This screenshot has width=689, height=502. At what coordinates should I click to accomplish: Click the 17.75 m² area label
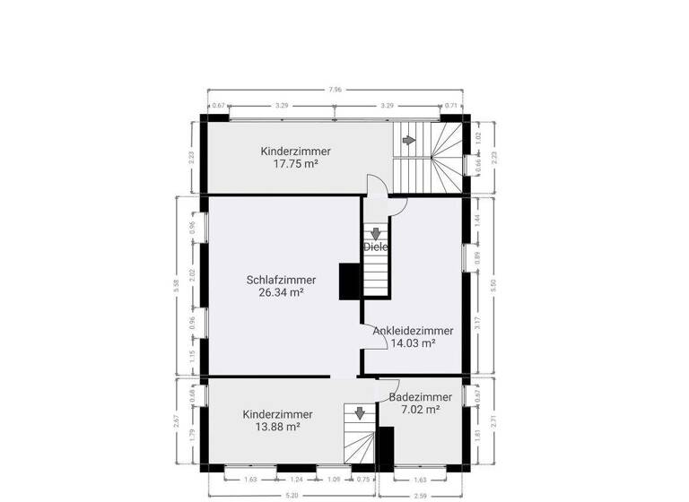[x=296, y=164]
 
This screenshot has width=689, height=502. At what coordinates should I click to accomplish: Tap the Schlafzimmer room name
[x=281, y=279]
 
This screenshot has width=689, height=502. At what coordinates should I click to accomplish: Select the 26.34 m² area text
[x=281, y=292]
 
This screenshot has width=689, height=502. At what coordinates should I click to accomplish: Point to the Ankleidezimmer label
[x=413, y=330]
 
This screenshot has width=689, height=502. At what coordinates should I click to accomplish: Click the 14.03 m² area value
[x=413, y=342]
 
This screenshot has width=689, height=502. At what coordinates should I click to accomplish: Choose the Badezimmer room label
[x=420, y=397]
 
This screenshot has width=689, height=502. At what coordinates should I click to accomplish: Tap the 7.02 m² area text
[x=420, y=410]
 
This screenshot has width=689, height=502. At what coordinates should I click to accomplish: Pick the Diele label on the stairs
[x=376, y=247]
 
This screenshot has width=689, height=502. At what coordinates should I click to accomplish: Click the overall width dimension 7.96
[x=335, y=89]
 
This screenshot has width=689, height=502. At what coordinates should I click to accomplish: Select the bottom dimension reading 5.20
[x=292, y=495]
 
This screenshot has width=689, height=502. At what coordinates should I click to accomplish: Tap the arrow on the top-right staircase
[x=409, y=140]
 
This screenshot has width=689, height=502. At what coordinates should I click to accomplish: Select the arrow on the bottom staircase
[x=359, y=413]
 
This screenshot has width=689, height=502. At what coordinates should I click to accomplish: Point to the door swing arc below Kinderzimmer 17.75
[x=377, y=186]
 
